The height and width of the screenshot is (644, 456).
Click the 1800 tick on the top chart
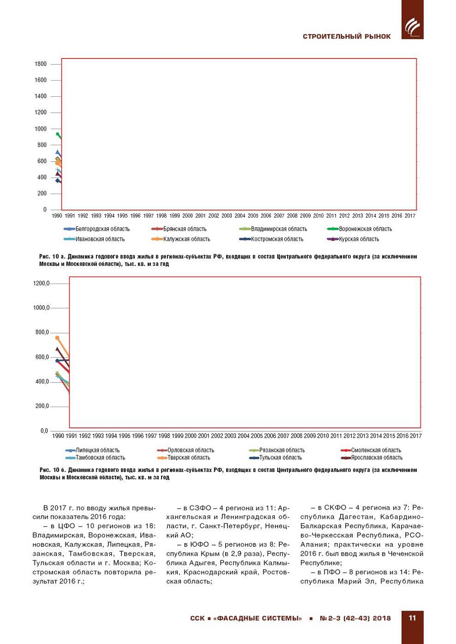[x=40, y=64]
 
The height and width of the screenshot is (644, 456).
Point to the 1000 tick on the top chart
[x=40, y=129]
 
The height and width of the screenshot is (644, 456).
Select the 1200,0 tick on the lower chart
[x=41, y=284]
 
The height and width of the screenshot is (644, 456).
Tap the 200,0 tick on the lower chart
[x=42, y=406]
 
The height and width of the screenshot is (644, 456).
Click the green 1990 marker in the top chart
[x=58, y=134]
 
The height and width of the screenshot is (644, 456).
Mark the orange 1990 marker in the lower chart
[x=57, y=338]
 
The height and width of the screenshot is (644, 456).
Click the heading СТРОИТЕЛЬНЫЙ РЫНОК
[x=347, y=37]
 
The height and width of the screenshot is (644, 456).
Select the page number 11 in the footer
[x=412, y=618]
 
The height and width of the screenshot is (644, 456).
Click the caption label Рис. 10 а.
[x=53, y=257]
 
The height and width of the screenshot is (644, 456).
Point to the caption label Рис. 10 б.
[x=53, y=470]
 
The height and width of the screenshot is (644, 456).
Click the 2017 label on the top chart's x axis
[x=410, y=216]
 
